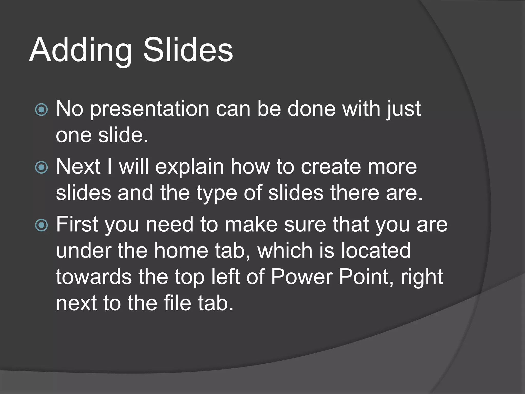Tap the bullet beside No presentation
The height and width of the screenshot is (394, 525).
41,110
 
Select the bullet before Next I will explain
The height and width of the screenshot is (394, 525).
41,168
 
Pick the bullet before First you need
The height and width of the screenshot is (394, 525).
41,225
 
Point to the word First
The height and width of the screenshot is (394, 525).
77,224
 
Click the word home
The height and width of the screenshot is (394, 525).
181,251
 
